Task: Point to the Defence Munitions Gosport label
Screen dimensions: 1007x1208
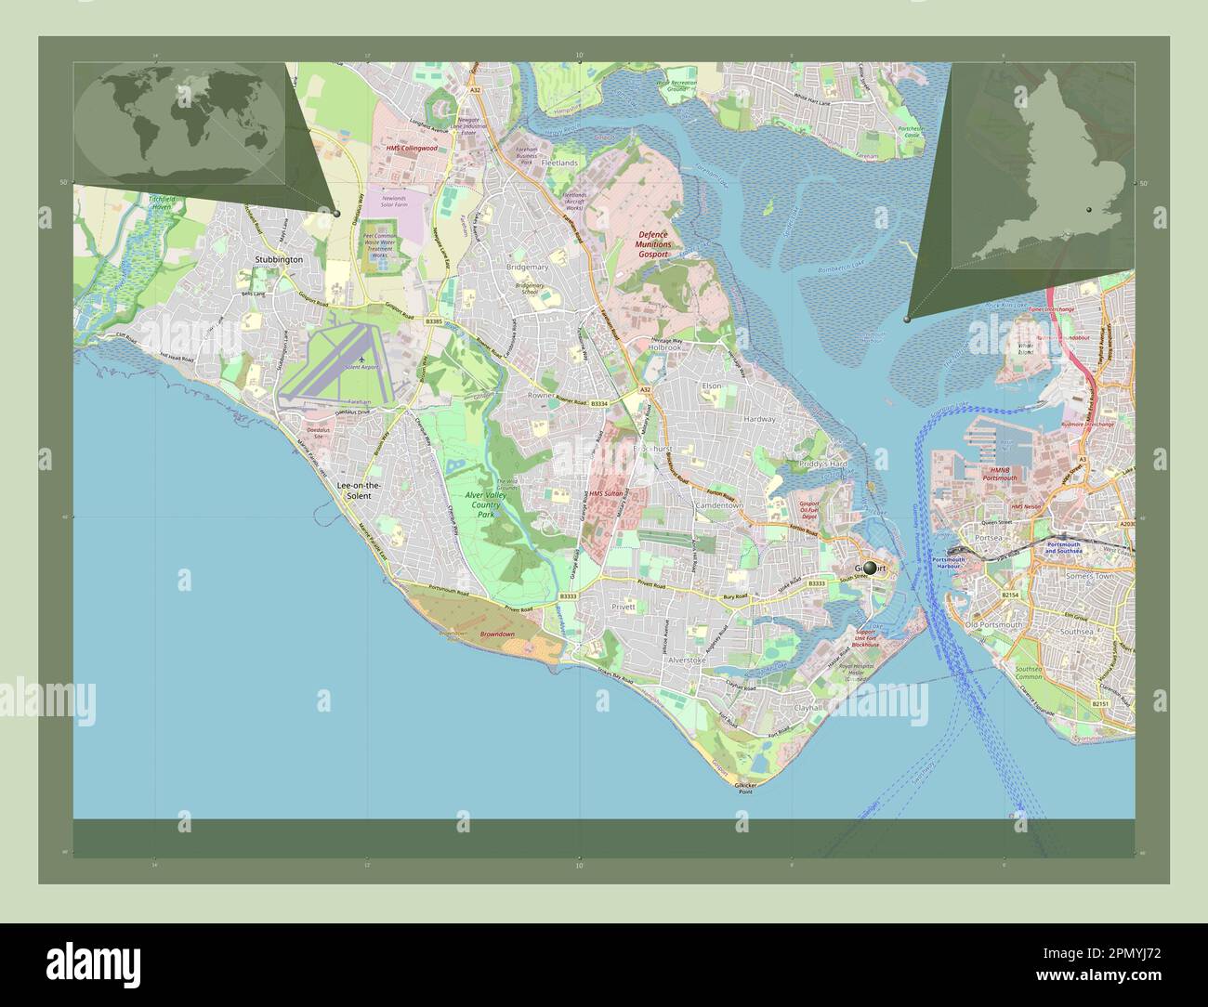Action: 653,243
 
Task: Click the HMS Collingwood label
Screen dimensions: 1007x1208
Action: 412,149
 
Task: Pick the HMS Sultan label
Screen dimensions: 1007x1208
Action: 605,493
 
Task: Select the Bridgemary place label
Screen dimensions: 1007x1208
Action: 527,267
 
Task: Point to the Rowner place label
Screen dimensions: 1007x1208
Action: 541,395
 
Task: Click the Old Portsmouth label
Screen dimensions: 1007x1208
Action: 992,624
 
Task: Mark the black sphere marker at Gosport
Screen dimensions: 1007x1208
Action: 870,567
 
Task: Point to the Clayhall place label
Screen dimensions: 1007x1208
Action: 808,707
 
